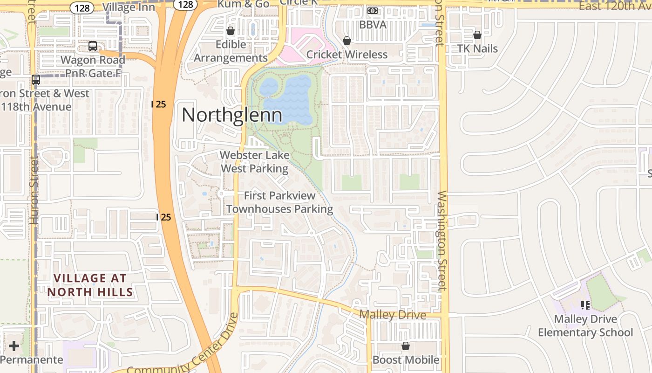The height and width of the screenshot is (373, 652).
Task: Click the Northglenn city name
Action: [x=231, y=115]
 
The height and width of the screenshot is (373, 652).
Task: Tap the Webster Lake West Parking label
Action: [x=254, y=161]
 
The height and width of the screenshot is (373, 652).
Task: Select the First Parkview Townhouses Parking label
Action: [x=279, y=202]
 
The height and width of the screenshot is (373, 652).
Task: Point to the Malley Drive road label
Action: [x=392, y=315]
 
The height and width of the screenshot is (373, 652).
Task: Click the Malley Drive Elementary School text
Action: [x=585, y=326]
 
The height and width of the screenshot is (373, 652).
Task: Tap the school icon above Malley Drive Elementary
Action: [x=585, y=305]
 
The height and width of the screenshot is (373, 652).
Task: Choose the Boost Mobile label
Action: [x=406, y=360]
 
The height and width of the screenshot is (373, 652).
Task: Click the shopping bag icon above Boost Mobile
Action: [x=406, y=346]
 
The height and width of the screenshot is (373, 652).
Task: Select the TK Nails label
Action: [x=477, y=48]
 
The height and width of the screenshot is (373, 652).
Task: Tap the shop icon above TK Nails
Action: [x=477, y=35]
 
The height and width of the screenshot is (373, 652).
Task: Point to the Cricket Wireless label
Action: [x=347, y=55]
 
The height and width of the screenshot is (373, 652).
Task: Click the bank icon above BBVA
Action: [x=373, y=10]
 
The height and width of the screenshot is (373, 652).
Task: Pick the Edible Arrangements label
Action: [x=231, y=51]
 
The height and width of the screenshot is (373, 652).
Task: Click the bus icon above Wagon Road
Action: [x=93, y=46]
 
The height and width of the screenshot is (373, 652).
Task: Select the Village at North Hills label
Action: [x=90, y=285]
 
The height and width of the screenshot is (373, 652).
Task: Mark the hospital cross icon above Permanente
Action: [x=14, y=346]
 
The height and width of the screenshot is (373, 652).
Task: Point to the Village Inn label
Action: [x=129, y=7]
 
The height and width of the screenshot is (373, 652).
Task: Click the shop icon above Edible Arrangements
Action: [x=230, y=31]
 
